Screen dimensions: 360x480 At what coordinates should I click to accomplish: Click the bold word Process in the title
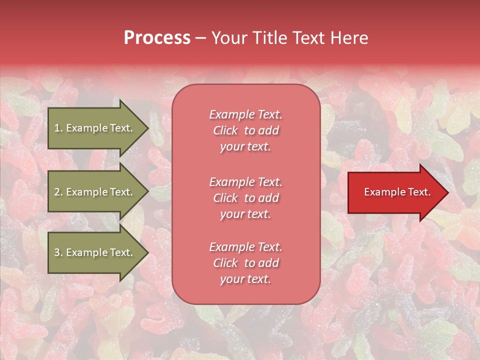(x=157, y=38)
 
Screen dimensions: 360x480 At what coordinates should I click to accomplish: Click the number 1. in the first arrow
(x=58, y=128)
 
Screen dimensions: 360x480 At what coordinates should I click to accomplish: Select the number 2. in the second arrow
(x=58, y=192)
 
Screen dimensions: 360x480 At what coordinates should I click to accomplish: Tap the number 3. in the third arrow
(x=58, y=252)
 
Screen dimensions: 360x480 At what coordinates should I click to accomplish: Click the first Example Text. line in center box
(x=245, y=114)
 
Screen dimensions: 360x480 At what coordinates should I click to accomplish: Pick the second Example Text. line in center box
(x=245, y=181)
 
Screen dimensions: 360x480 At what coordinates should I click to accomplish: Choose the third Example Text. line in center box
(x=245, y=247)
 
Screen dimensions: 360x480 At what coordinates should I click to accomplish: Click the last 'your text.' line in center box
(x=245, y=279)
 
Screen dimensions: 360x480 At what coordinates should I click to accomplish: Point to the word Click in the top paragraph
(x=225, y=130)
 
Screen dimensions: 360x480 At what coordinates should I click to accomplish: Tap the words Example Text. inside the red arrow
(x=397, y=192)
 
